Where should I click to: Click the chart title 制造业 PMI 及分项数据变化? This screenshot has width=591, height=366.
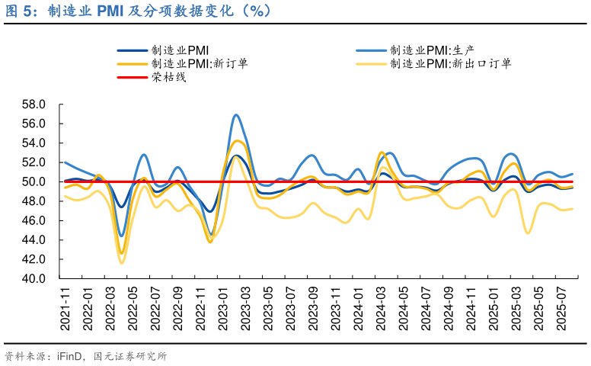point(152,11)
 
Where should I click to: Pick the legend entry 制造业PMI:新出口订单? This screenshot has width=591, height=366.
point(450,63)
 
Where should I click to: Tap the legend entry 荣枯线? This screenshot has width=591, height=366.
point(168,77)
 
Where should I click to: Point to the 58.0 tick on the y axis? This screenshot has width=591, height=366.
point(34,104)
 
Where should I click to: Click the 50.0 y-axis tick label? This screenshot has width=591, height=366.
point(34,181)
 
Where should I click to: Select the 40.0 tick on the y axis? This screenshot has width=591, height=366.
point(34,278)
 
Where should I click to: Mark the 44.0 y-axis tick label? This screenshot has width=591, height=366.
point(34,239)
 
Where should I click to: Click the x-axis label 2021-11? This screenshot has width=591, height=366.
point(65,309)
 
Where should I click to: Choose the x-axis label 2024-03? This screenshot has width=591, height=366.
point(380,309)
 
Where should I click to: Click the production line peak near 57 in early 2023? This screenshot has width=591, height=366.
point(236,115)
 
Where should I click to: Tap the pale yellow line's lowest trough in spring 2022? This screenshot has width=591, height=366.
point(122,263)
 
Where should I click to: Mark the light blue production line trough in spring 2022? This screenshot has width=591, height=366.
point(122,236)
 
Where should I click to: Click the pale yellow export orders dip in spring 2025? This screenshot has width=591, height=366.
point(528,233)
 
